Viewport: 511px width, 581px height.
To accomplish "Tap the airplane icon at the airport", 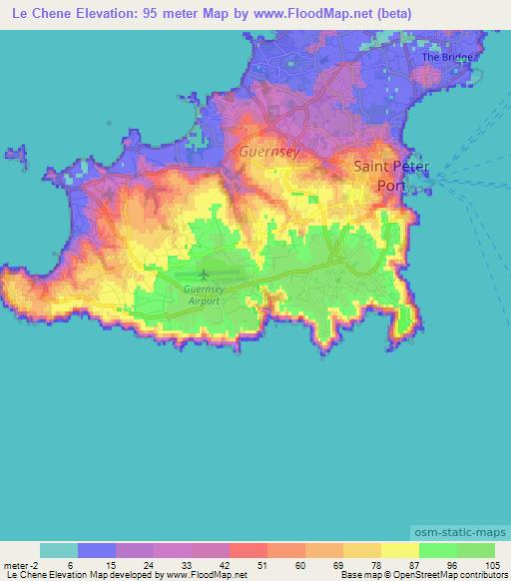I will click(206, 273).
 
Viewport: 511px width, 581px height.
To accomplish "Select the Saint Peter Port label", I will click(392, 176).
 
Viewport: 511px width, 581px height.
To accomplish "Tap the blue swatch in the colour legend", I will click(97, 550).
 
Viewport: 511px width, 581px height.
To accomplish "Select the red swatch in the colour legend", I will click(248, 550).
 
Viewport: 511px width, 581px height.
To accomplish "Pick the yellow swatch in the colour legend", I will click(399, 550).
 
